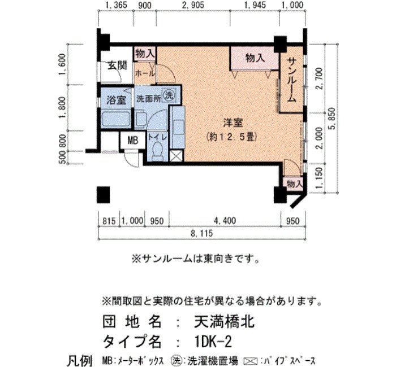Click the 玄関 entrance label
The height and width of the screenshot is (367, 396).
point(118,66)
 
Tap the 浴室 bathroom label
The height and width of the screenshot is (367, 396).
point(116,100)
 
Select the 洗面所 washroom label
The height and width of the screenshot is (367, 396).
point(148,99)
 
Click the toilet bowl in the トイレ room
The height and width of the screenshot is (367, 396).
point(158,151)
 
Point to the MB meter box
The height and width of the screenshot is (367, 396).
point(132,141)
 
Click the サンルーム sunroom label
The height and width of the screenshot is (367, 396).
point(292,80)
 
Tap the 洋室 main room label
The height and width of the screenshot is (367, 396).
point(233,123)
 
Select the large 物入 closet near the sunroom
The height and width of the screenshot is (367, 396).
point(255,58)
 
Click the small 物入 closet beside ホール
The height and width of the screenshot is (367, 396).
point(145,54)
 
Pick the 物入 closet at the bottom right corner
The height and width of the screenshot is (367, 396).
point(294,184)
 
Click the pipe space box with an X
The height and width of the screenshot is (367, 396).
point(176,156)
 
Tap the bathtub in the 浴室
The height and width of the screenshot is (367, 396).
point(116,120)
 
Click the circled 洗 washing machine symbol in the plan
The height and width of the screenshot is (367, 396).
point(169,95)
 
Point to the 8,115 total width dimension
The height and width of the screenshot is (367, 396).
point(202,233)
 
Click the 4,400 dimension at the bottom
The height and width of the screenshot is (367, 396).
point(225,221)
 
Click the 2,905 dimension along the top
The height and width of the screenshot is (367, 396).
point(193,5)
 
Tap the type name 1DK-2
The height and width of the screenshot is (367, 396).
point(213,342)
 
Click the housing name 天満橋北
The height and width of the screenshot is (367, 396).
point(224,322)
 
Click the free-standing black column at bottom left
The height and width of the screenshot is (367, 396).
point(104,195)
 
